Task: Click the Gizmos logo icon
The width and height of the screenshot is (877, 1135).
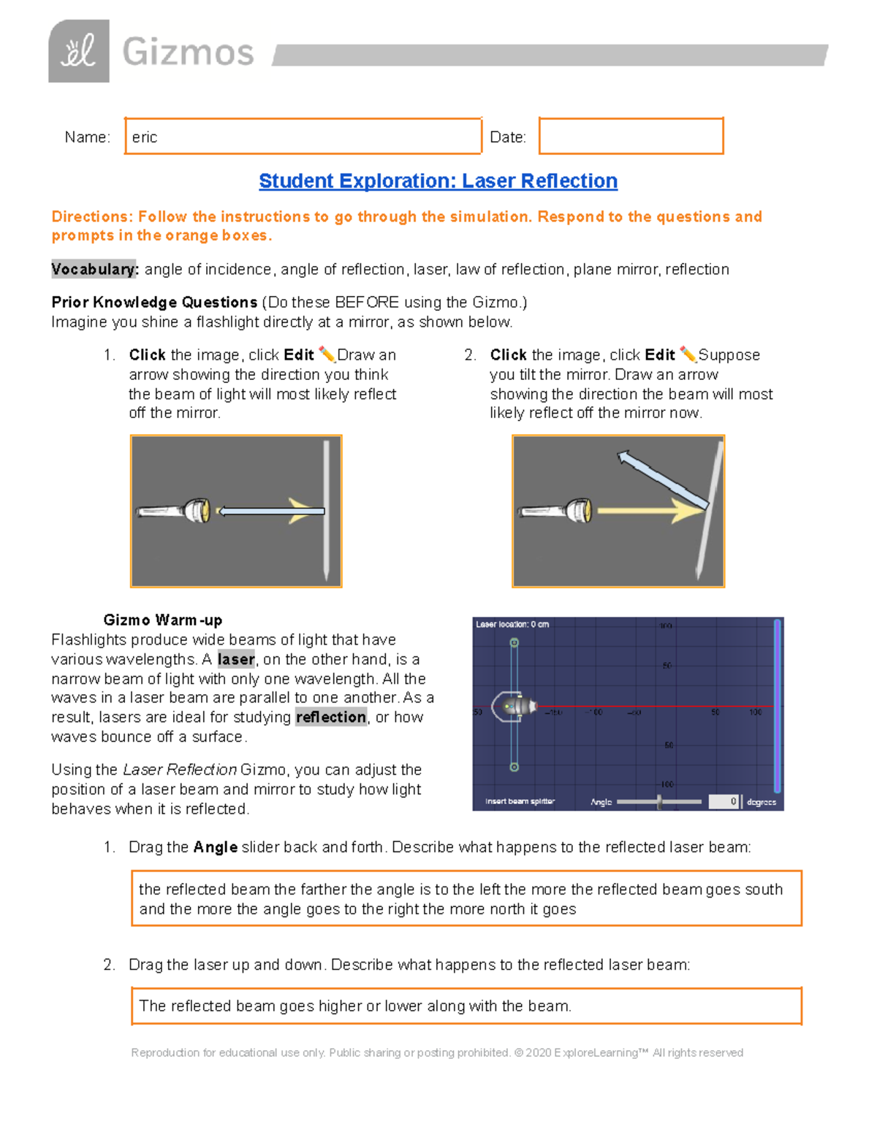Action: [79, 51]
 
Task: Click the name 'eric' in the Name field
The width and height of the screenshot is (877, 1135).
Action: [145, 137]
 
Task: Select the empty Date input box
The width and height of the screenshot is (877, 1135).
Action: [631, 137]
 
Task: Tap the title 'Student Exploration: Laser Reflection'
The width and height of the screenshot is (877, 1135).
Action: [438, 181]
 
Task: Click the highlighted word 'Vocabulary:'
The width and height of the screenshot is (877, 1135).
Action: [94, 270]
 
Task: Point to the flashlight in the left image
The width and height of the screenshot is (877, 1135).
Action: [174, 510]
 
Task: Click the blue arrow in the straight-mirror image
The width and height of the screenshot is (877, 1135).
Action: [271, 512]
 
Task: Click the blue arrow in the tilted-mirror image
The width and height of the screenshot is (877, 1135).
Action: [661, 480]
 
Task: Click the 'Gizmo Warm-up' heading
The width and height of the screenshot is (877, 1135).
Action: [162, 620]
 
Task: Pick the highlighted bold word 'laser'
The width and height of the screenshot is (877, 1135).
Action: [236, 659]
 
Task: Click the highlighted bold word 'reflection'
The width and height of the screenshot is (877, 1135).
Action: [331, 717]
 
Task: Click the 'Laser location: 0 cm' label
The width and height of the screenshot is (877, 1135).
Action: [512, 624]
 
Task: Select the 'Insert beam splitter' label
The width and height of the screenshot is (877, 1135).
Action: [520, 802]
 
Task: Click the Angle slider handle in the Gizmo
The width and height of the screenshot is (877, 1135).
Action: [659, 802]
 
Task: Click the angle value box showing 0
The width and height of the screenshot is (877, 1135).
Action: [724, 802]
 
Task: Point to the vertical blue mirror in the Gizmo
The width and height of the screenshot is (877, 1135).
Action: [777, 705]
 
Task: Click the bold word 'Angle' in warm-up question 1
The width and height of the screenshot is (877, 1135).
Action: [215, 848]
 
